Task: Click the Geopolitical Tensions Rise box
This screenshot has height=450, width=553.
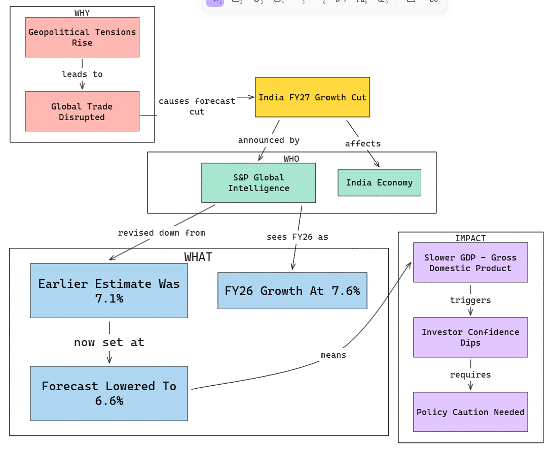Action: pyautogui.click(x=82, y=37)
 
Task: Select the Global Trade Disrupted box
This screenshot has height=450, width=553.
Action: pyautogui.click(x=82, y=111)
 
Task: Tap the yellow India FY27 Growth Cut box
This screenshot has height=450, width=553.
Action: pyautogui.click(x=312, y=97)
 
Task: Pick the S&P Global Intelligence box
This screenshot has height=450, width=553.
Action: pyautogui.click(x=259, y=182)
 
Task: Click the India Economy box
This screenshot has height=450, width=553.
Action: pyautogui.click(x=380, y=182)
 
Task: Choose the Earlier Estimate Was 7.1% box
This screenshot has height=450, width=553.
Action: pyautogui.click(x=109, y=290)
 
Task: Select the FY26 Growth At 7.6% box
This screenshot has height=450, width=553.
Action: pyautogui.click(x=292, y=290)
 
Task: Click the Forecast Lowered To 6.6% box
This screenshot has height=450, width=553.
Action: pyautogui.click(x=109, y=394)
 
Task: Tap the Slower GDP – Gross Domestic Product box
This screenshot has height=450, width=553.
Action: pyautogui.click(x=470, y=262)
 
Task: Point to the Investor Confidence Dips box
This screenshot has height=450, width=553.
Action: pyautogui.click(x=470, y=337)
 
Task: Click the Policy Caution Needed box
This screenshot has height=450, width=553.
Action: pyautogui.click(x=470, y=412)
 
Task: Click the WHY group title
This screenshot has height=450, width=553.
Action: pyautogui.click(x=82, y=13)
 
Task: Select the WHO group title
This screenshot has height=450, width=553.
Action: pyautogui.click(x=291, y=159)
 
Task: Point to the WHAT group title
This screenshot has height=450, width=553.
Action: pyautogui.click(x=198, y=257)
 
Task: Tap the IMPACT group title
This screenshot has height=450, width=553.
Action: pyautogui.click(x=470, y=238)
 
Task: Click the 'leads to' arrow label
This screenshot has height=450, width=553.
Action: pyautogui.click(x=82, y=74)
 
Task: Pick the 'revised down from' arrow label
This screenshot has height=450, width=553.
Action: pyautogui.click(x=162, y=233)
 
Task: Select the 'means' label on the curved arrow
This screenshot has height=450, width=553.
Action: pyautogui.click(x=334, y=355)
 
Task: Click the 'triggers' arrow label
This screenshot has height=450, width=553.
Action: pyautogui.click(x=470, y=300)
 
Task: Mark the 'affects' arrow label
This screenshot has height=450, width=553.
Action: pyautogui.click(x=363, y=143)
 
